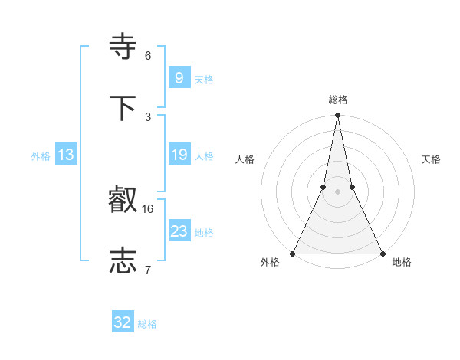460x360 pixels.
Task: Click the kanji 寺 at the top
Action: point(123,47)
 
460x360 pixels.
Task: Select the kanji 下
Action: point(123,108)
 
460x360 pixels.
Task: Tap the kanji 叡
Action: point(123,201)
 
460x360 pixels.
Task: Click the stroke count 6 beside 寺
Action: point(148,56)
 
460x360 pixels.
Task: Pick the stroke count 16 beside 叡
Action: point(149,208)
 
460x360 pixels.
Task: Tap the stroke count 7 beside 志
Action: point(148,270)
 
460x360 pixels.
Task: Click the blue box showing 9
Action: point(179,77)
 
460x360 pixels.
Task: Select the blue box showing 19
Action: point(179,155)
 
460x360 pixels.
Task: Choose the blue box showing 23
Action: point(179,231)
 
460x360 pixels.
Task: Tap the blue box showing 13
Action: point(66,155)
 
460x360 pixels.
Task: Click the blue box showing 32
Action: point(123,322)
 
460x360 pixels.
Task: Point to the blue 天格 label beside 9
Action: point(204,80)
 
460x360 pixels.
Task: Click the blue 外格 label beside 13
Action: point(41,156)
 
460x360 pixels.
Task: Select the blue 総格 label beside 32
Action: point(147,324)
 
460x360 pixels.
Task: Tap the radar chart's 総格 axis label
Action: point(338,100)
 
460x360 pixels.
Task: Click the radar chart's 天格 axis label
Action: point(431,159)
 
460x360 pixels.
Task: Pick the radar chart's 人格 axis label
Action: point(245,159)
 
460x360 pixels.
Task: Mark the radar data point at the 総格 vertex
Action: point(338,116)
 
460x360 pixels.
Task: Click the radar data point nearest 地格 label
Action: point(382,253)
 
